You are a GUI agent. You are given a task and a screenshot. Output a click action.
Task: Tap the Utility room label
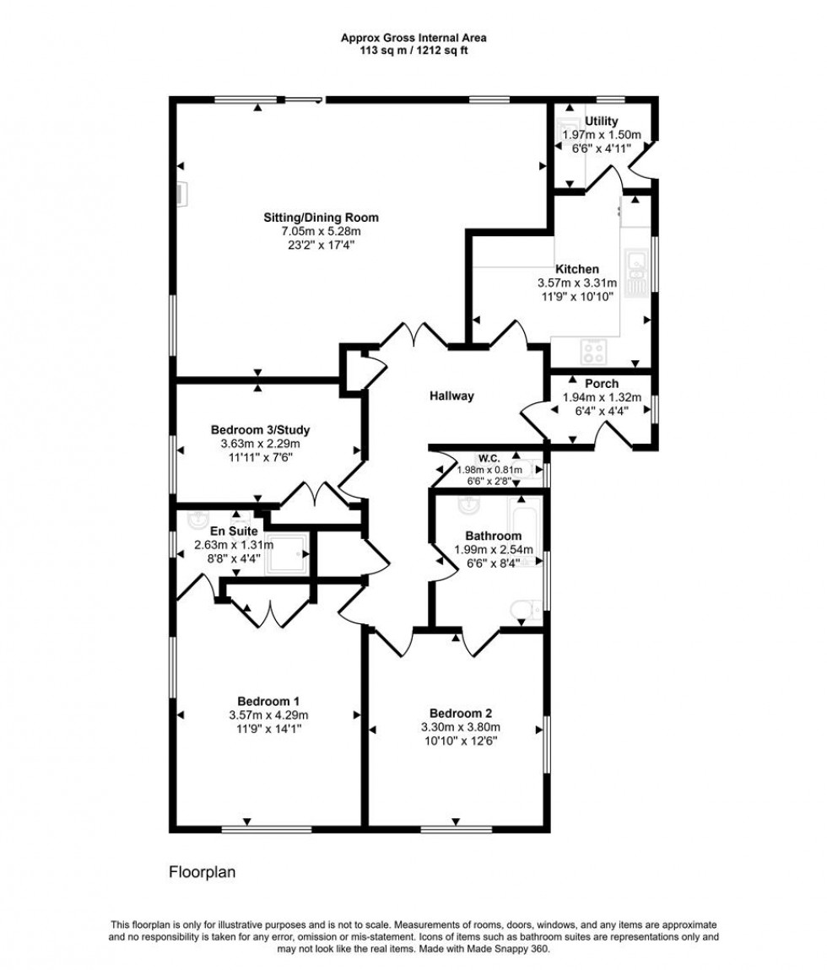point(601,121)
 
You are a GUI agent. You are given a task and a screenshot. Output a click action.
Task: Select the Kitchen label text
point(577,270)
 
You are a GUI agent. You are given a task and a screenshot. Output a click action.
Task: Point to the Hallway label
point(451,396)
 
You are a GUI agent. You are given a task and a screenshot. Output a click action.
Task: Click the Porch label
point(601,384)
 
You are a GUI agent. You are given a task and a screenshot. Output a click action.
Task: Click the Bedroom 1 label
point(268,701)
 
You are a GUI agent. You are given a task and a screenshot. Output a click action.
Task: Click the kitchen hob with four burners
point(592,348)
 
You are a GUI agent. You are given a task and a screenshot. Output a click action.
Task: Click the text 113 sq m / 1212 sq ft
point(413,49)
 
